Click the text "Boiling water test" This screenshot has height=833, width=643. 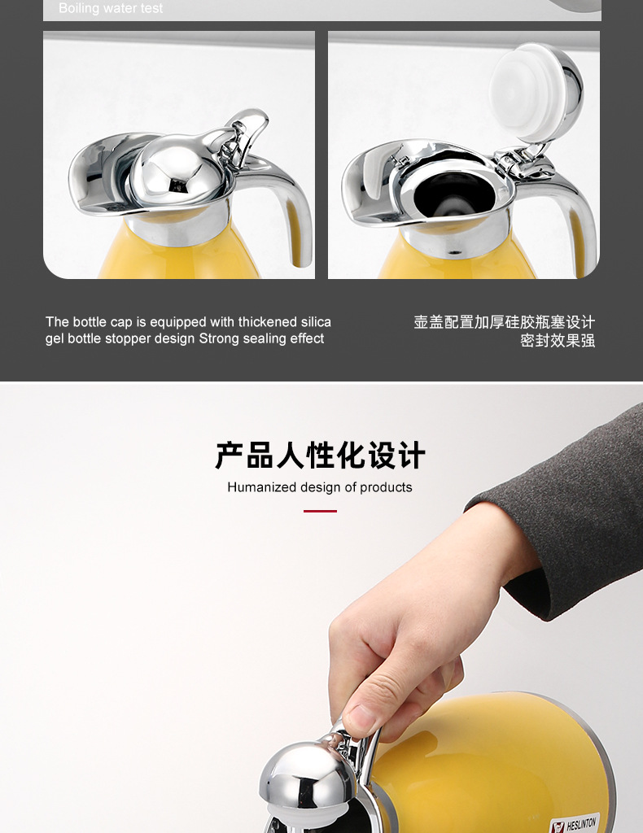[111, 9]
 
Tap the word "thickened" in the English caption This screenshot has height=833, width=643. [269, 322]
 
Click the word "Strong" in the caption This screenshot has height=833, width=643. [222, 338]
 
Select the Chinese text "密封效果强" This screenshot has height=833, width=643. [558, 341]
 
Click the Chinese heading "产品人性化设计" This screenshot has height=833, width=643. [320, 456]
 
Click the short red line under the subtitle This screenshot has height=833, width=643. [320, 511]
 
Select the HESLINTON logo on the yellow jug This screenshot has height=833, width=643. [575, 823]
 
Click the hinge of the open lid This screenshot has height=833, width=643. [521, 159]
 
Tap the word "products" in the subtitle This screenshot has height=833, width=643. [387, 487]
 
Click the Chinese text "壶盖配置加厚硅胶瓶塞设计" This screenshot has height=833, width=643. [504, 322]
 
